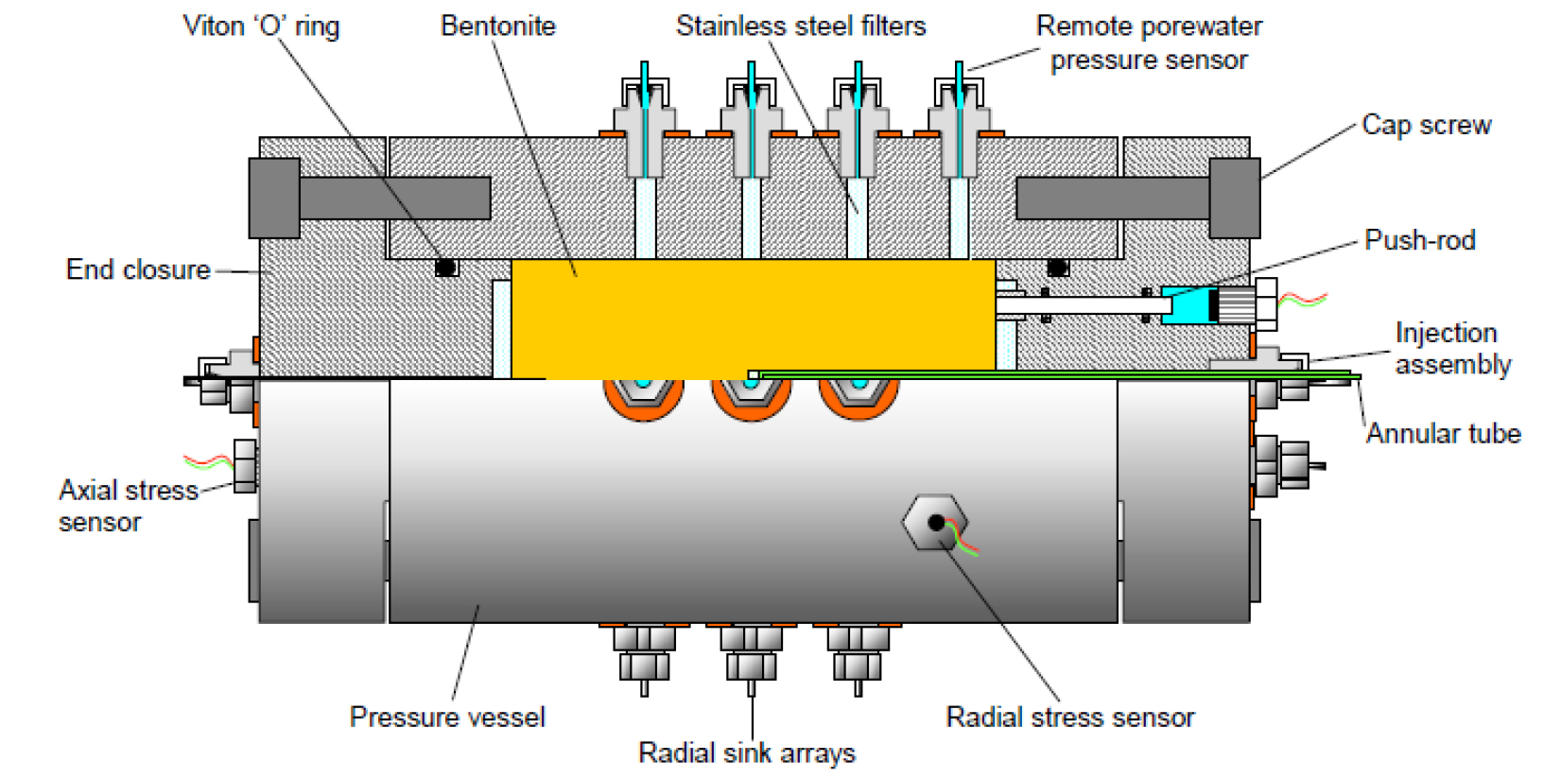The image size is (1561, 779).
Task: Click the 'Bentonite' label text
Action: [x=497, y=26]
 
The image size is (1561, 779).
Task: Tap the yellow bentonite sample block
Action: [x=752, y=317]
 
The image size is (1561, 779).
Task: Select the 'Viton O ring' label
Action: [x=261, y=26]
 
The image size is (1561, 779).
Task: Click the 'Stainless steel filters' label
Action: [x=800, y=26]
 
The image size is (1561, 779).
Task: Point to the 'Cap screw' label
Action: [x=1426, y=125]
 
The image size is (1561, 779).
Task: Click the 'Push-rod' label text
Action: [x=1419, y=240]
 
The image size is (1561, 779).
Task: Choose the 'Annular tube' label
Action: [x=1443, y=434]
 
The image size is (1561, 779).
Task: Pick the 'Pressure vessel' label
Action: [x=447, y=717]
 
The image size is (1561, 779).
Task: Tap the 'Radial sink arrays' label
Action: [x=747, y=753]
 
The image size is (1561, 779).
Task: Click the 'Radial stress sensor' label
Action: [x=1069, y=717]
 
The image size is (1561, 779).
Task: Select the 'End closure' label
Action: [x=138, y=269]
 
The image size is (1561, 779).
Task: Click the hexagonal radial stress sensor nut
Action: [x=934, y=522]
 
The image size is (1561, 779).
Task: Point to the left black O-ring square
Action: [x=446, y=268]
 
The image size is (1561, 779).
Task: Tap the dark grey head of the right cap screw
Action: [x=1234, y=199]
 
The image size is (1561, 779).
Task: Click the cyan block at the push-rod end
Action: [x=1188, y=305]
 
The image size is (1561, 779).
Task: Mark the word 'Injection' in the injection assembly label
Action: [x=1446, y=333]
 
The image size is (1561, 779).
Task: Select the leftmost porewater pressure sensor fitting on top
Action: [x=645, y=118]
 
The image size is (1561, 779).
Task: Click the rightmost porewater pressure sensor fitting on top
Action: [x=959, y=118]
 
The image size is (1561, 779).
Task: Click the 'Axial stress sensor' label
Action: [x=128, y=506]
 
